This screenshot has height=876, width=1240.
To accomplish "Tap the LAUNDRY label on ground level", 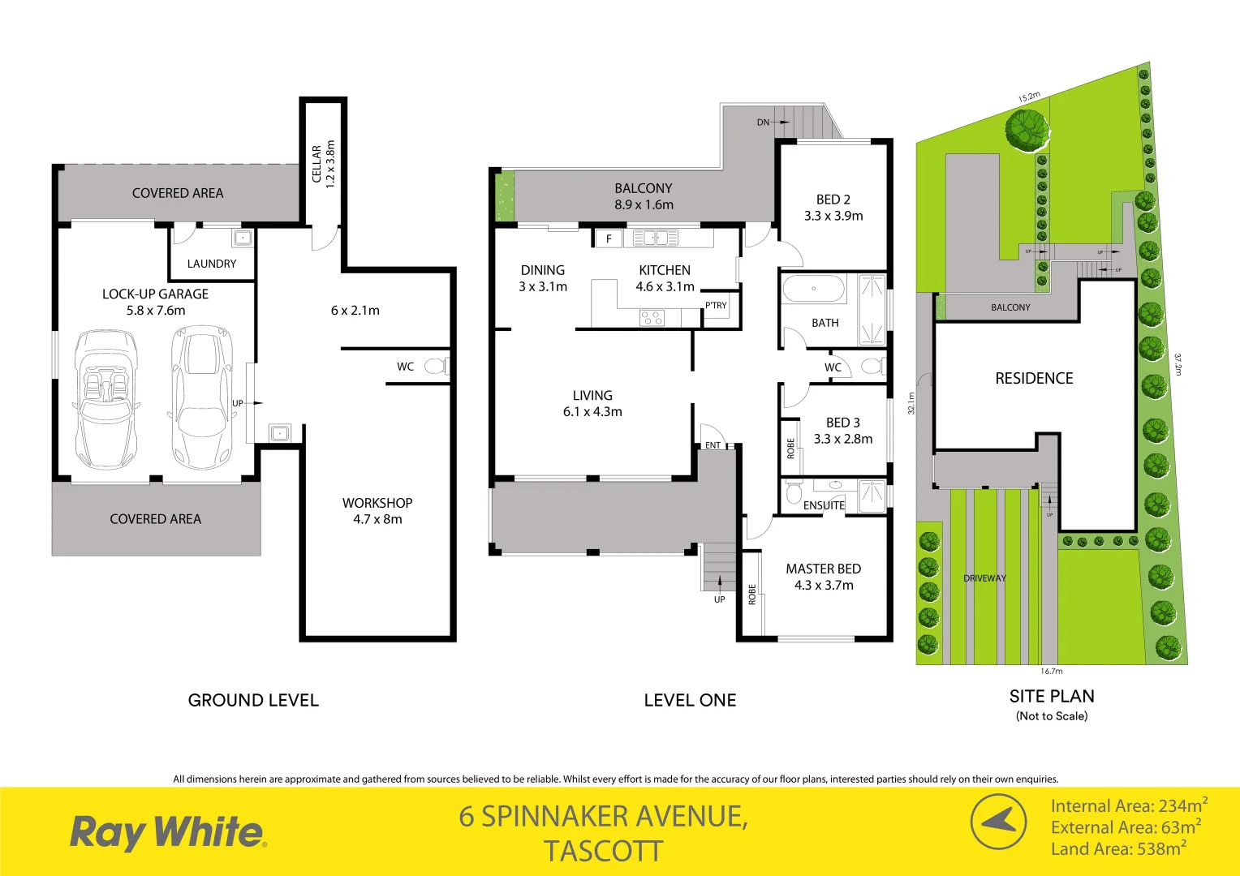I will click(212, 264).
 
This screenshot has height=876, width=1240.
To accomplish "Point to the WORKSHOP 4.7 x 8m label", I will click(377, 511).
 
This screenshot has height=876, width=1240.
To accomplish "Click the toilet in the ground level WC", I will click(437, 367).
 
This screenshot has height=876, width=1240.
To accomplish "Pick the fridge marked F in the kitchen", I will click(609, 238).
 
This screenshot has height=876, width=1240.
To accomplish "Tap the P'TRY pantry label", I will click(716, 306).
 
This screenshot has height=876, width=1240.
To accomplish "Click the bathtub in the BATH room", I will click(813, 289).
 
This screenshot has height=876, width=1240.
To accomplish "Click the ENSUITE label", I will click(824, 505).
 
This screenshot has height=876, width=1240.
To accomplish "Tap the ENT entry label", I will click(713, 445).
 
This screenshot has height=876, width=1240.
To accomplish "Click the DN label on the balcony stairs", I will click(763, 122).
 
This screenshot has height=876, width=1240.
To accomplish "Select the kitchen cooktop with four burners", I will click(652, 317).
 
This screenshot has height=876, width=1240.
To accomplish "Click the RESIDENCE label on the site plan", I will click(1034, 378).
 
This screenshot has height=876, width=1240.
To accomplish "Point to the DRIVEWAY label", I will click(984, 578).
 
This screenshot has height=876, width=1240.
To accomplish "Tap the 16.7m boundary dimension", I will click(1052, 671).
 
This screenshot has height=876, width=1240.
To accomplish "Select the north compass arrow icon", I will click(998, 822).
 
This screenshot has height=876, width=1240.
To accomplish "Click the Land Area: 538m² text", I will click(1118, 848).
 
